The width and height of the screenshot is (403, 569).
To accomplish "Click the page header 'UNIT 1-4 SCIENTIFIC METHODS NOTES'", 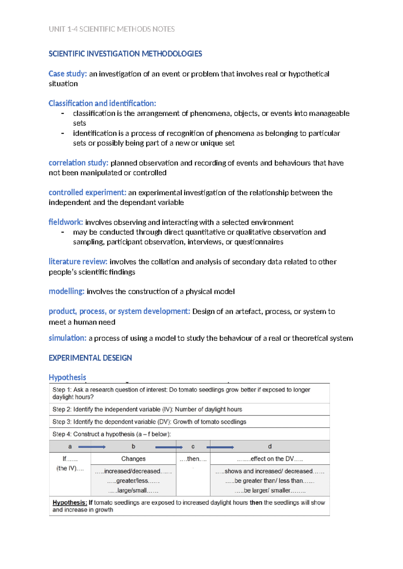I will pos(111,29).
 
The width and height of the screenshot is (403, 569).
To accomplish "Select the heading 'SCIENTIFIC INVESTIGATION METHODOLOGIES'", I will pos(125,54).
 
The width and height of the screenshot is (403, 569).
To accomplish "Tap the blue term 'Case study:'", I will pos(68,74).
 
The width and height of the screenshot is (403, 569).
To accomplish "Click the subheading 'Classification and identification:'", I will pos(102,103).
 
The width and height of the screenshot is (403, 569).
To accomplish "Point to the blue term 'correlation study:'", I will pos(78,163).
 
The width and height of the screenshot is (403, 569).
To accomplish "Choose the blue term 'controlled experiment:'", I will pos(87,193).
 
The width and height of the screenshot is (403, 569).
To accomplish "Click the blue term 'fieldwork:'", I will pos(66,222).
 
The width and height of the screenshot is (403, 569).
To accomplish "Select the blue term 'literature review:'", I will pos(78,262).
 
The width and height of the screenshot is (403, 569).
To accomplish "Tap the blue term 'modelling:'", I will pos(66,291).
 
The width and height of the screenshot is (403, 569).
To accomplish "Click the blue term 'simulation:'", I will pos(68,338).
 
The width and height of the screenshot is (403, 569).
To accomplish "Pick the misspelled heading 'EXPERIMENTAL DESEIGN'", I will pos(90,358).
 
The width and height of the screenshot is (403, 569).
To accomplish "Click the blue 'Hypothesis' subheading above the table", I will pos(67,377).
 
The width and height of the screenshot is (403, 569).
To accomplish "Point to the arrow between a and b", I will pos(92,447).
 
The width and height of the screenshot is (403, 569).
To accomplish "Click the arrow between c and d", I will pos(220,447).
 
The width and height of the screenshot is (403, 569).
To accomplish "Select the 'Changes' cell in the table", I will pos(133,459).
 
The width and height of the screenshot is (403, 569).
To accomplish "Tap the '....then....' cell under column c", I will pos(193,459).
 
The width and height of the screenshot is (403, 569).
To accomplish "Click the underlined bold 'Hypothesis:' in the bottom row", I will pos(70,503).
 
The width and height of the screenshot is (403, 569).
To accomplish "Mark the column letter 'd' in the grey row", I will pos(270,447).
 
